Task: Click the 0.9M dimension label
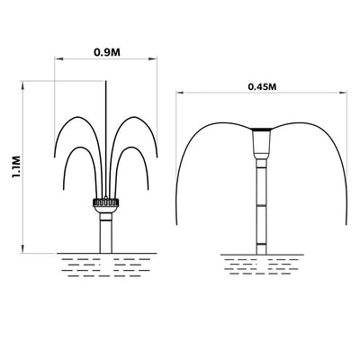coord(107,52)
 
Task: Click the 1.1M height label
coord(16,166)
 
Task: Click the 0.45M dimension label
coord(262,86)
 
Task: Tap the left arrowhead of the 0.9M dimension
coord(58,59)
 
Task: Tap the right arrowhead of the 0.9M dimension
coord(153,59)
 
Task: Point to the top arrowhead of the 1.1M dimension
coord(22,85)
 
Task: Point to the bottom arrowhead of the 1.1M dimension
coord(22,249)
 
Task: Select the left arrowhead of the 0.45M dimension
coord(180,93)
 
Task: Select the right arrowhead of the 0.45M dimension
coord(343,93)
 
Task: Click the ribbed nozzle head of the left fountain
coord(106,202)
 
